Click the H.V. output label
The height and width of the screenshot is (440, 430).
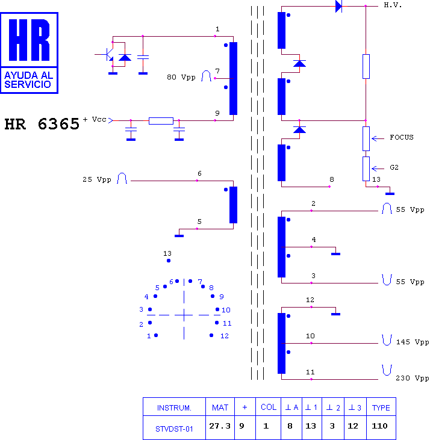(393, 5)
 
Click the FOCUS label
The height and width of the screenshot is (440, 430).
(401, 137)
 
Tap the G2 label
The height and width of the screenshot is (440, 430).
(394, 167)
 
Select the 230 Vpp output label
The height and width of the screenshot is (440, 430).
(412, 378)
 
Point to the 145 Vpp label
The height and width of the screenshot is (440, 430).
(413, 342)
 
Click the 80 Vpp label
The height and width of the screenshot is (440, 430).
(181, 77)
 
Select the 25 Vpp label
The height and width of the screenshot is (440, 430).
(97, 179)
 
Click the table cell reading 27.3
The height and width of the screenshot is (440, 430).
(220, 426)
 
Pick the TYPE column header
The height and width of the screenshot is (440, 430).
(381, 407)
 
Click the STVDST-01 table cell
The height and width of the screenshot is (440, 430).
(174, 429)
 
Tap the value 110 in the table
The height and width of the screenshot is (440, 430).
(379, 426)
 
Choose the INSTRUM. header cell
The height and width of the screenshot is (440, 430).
(174, 407)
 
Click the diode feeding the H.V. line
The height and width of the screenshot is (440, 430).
(339, 6)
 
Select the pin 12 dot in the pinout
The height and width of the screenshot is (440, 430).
(211, 335)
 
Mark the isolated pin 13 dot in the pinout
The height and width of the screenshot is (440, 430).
(169, 261)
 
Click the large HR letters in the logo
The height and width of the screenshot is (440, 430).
(29, 40)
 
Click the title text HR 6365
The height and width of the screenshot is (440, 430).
(42, 124)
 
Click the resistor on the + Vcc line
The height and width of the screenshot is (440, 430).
(161, 120)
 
